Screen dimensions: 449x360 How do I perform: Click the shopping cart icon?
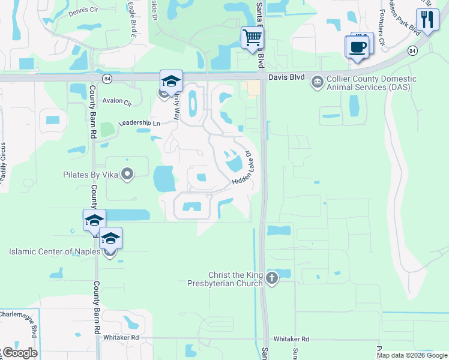click(252, 38)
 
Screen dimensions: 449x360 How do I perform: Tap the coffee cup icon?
click(357, 47)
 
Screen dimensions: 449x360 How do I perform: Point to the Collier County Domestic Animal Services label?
click(370, 83)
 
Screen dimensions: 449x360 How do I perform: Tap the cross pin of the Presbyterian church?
click(273, 278)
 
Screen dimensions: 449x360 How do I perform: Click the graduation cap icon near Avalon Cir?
click(171, 82)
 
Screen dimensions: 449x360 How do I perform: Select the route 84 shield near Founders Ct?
click(412, 50)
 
